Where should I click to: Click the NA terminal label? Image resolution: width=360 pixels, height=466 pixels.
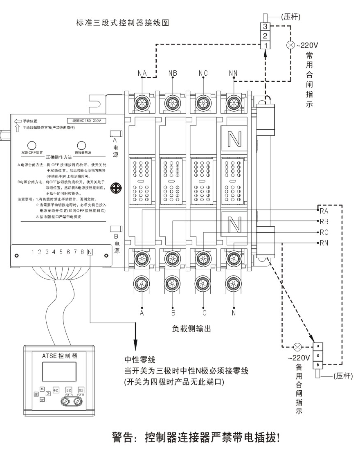(142, 73)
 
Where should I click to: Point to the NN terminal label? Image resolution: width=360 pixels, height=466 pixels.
(233, 73)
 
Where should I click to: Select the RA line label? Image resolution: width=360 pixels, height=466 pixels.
(324, 212)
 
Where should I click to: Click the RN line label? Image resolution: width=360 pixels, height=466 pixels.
(324, 243)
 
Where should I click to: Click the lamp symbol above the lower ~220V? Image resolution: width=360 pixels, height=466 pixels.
(298, 347)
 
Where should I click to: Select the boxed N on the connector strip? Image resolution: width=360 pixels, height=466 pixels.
(90, 252)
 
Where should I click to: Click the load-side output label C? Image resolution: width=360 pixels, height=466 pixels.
(203, 313)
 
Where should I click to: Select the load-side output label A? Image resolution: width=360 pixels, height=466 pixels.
(142, 313)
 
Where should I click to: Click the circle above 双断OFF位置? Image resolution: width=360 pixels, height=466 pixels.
(32, 145)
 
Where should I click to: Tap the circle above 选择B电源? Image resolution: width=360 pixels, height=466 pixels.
(81, 145)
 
